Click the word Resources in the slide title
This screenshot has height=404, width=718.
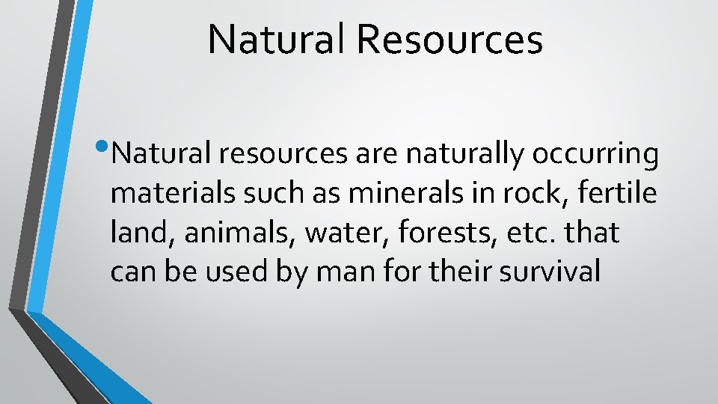(x=449, y=40)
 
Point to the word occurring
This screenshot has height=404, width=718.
(x=595, y=156)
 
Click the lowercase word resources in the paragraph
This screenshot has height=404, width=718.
(x=282, y=154)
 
